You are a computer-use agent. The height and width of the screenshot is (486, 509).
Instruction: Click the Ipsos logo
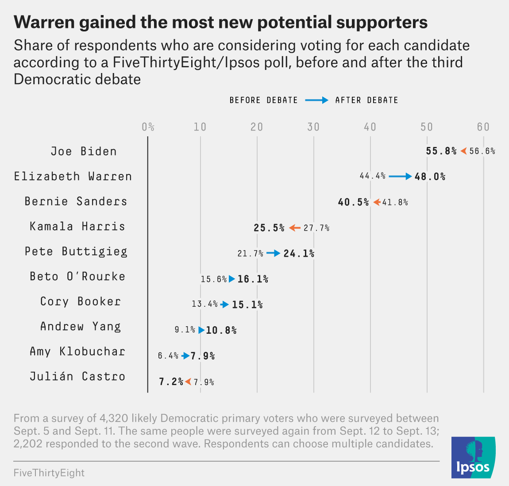click(x=473, y=458)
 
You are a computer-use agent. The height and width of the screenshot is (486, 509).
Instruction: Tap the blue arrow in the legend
click(x=316, y=100)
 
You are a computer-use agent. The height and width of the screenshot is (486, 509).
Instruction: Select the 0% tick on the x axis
click(x=148, y=127)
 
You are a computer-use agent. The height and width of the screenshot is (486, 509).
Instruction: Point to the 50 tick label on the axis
click(x=427, y=127)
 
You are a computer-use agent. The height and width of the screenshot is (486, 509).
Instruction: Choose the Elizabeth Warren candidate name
click(x=73, y=177)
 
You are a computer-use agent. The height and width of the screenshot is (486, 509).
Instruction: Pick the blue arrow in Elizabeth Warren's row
click(x=400, y=177)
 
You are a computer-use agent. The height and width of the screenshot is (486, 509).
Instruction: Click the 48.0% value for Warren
click(x=430, y=177)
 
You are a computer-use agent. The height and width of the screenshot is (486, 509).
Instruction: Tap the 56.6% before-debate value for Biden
click(x=482, y=151)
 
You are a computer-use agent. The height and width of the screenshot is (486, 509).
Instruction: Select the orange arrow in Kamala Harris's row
click(x=294, y=228)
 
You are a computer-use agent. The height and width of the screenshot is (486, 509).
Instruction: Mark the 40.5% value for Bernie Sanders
click(x=353, y=202)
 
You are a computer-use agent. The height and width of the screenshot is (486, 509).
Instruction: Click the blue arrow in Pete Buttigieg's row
click(x=273, y=253)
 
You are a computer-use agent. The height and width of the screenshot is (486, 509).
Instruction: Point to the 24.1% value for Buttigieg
click(x=299, y=254)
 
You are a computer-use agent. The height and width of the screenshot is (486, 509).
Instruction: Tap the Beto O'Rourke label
click(x=77, y=277)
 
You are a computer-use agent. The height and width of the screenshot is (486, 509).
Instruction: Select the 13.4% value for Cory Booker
click(x=204, y=304)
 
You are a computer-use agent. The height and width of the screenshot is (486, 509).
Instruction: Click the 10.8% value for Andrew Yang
click(x=221, y=330)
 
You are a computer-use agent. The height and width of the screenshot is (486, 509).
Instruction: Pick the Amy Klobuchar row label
click(x=77, y=352)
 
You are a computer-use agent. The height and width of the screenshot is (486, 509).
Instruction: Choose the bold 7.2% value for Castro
click(x=171, y=382)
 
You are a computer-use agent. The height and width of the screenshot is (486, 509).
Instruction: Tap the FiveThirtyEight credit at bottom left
click(x=49, y=473)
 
